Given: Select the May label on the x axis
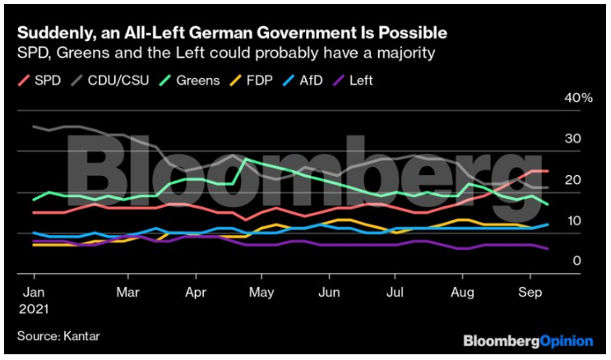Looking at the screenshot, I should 261,292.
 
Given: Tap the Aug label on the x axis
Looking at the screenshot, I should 464,292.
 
